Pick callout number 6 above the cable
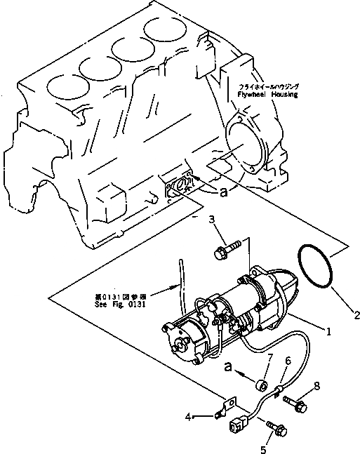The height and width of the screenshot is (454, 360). [x=287, y=361]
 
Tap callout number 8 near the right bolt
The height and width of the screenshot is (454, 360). [x=316, y=385]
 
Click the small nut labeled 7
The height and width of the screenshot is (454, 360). [x=262, y=385]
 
